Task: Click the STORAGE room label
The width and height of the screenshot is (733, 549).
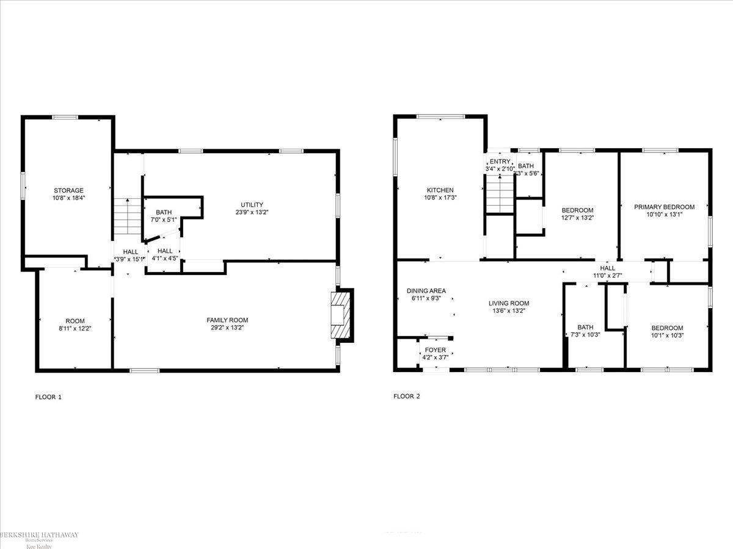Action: point(68,190)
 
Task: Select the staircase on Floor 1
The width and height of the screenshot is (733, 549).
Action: point(128,217)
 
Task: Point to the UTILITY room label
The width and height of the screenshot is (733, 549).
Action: point(251,204)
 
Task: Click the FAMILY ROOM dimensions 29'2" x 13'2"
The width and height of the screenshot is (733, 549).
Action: point(227,328)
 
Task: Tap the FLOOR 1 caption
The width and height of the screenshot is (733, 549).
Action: point(48,397)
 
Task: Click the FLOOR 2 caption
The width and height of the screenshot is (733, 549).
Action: point(406,396)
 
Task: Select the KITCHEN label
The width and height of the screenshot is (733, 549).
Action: point(440,190)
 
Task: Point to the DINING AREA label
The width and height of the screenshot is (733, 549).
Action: point(426,291)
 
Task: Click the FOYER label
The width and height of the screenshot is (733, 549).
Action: point(436,350)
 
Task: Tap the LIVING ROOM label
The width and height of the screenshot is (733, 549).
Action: point(508,303)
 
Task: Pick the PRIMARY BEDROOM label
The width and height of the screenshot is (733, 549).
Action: point(664,207)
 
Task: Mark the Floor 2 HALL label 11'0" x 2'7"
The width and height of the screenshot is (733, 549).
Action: point(607,268)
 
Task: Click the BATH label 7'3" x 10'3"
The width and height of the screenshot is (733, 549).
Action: point(585,327)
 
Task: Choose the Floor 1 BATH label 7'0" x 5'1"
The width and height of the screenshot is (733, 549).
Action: point(163,212)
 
